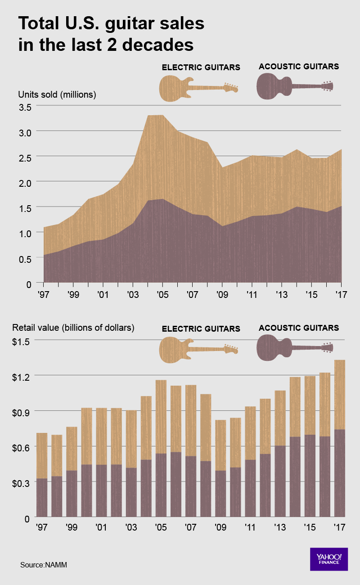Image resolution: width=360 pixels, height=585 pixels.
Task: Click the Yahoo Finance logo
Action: click(x=329, y=559)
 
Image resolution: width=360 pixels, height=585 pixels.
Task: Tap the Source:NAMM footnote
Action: click(x=43, y=564)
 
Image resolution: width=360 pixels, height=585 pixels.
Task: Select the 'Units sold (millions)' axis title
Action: click(x=57, y=94)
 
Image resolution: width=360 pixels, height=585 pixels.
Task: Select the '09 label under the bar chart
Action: click(x=220, y=527)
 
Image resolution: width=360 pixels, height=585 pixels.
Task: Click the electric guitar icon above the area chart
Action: click(x=198, y=88)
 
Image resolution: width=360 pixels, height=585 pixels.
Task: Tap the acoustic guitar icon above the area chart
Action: click(x=295, y=86)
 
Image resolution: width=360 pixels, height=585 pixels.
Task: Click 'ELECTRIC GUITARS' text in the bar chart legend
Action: click(x=201, y=329)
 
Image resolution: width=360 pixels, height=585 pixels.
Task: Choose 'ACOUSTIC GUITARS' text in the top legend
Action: click(x=299, y=67)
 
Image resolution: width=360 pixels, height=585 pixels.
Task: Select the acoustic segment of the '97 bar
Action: click(x=42, y=497)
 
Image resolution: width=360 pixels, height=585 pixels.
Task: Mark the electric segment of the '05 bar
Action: click(x=161, y=416)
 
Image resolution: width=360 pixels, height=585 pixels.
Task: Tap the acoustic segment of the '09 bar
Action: click(x=220, y=493)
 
